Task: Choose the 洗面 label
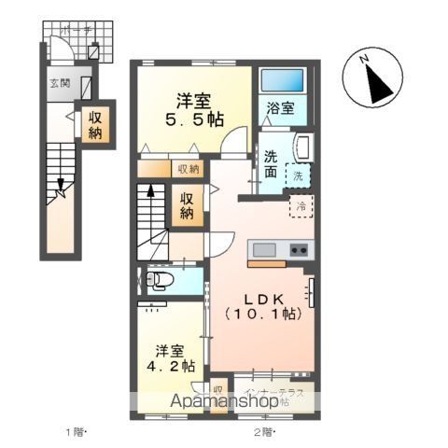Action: click(x=270, y=163)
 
